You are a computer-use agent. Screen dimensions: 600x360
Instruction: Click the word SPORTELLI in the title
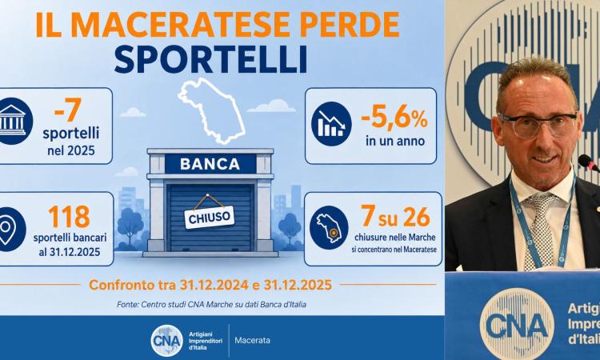point(210,59)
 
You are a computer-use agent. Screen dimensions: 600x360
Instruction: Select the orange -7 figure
point(68,110)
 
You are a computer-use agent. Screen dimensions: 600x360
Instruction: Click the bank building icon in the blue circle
point(13,121)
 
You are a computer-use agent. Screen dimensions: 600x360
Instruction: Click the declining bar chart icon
point(331,124)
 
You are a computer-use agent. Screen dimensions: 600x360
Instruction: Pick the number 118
point(70,217)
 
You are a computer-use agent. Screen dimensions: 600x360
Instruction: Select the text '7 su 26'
point(396,216)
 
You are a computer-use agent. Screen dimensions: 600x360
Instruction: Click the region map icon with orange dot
point(329,228)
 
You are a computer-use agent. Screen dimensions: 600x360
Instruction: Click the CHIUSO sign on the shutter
point(210,218)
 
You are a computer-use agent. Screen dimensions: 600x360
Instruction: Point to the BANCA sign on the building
point(210,164)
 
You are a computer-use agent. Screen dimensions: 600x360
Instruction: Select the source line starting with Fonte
point(212,305)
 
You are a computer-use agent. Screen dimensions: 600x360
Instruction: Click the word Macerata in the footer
point(253,340)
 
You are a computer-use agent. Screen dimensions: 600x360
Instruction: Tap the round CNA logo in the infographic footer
point(167,341)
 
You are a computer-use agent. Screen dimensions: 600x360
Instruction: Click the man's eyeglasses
point(538,124)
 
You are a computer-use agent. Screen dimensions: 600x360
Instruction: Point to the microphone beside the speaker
point(589,162)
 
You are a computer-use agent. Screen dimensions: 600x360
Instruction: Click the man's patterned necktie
point(541,229)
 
